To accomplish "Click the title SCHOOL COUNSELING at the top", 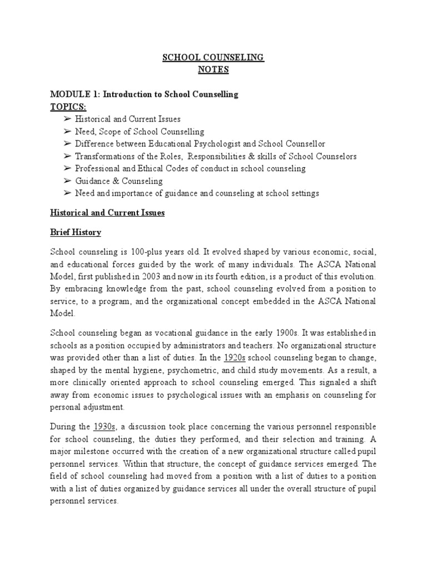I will (x=213, y=58).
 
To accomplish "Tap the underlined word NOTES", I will (x=213, y=69).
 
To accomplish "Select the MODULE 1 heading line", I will (x=144, y=94).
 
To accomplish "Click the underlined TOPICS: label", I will (x=68, y=107).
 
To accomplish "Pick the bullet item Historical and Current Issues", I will (x=128, y=119).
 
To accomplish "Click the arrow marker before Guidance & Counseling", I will (x=67, y=181).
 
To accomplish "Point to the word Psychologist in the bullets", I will (x=217, y=144).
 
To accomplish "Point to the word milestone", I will (x=91, y=451).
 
